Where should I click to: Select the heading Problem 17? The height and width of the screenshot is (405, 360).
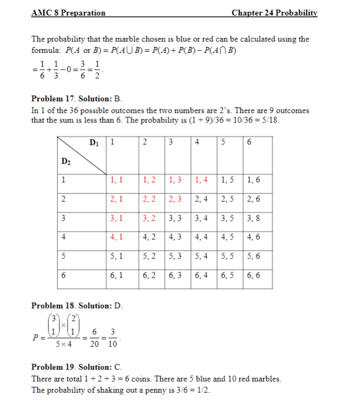(x=53, y=99)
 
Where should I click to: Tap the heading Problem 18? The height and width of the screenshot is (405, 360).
(x=53, y=306)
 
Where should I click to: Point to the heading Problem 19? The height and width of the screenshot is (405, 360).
(x=53, y=367)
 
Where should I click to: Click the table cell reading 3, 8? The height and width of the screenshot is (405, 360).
(x=254, y=217)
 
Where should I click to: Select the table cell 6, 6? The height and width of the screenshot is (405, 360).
(x=254, y=276)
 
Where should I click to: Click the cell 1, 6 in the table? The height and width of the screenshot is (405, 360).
(x=254, y=180)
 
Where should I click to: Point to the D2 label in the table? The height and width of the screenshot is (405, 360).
(x=66, y=160)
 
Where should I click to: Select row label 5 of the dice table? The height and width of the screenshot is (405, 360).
(x=63, y=256)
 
